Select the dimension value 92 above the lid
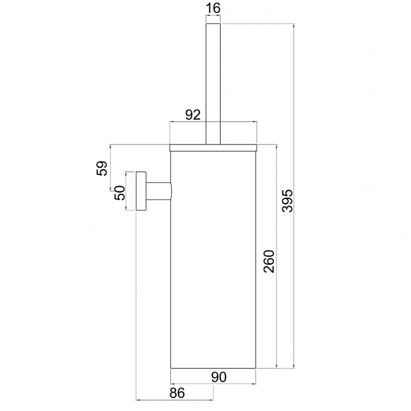coord(193,114)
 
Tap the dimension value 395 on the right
coord(287,200)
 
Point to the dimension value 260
coord(268,261)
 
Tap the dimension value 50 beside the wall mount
coord(120,193)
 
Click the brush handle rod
coord(213,82)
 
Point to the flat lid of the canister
coord(213,144)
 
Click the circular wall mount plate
coord(140,191)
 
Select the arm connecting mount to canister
coord(159,191)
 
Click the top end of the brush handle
coord(213,25)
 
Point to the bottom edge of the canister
coord(213,368)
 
